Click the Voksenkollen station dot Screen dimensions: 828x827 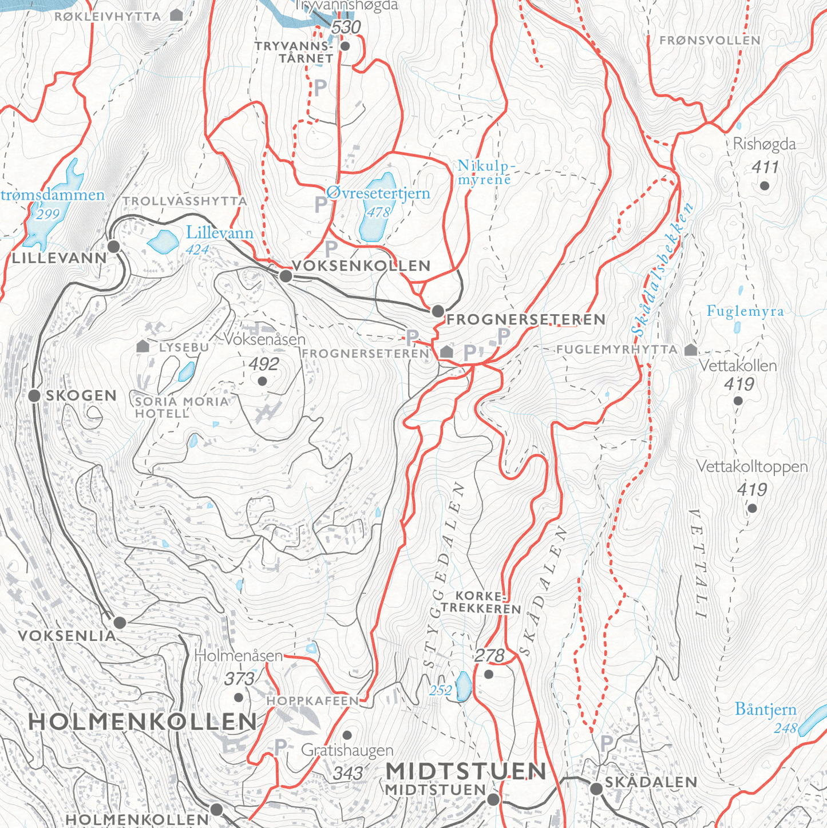click(286, 276)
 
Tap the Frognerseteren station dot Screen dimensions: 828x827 click(438, 311)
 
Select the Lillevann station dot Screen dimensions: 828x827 click(114, 247)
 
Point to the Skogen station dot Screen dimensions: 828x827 click(34, 395)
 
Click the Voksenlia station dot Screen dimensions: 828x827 click(120, 622)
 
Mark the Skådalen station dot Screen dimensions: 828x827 click(596, 789)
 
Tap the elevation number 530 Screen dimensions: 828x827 click(346, 27)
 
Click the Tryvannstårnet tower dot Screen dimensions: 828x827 click(345, 46)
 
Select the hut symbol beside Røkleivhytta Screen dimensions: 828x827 click(177, 15)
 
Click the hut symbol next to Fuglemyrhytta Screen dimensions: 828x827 click(691, 349)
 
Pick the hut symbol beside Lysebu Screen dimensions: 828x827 click(143, 346)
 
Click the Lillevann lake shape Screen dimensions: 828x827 click(163, 241)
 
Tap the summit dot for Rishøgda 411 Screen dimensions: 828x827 click(765, 185)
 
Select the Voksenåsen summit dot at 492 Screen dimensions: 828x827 click(263, 381)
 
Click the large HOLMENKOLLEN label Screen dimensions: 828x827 click(143, 722)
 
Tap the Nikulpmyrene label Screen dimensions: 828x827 click(486, 172)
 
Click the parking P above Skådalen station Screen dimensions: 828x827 click(607, 743)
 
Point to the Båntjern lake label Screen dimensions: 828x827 click(765, 710)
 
